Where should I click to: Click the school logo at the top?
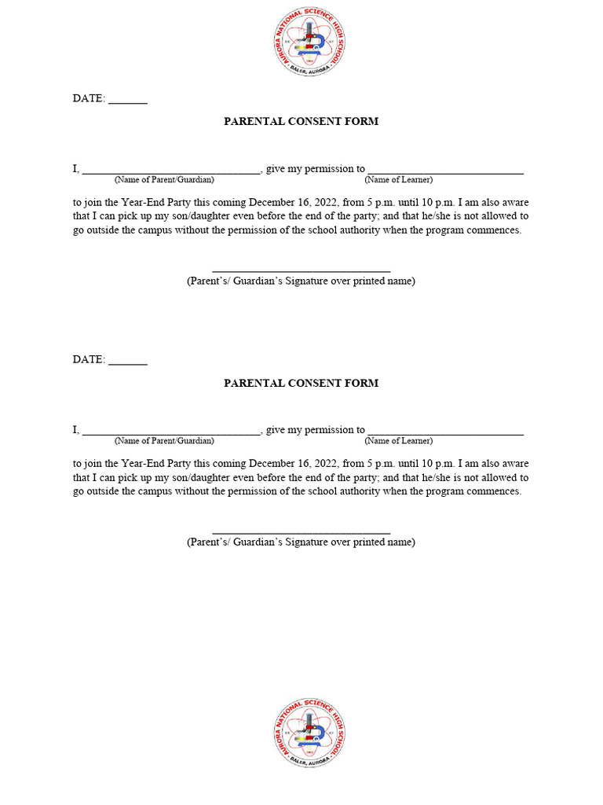[x=309, y=41]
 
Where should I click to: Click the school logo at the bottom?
[x=309, y=733]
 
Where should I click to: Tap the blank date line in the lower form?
[x=128, y=363]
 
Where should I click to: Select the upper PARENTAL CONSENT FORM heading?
[x=301, y=121]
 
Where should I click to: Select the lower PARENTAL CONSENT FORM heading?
[x=301, y=383]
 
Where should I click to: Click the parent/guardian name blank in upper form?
[x=171, y=171]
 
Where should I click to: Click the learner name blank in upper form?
[x=445, y=171]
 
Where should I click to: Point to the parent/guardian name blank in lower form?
[x=171, y=432]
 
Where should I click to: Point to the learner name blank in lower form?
[x=445, y=432]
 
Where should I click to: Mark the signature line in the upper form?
[x=301, y=270]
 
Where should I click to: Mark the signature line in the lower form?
[x=301, y=532]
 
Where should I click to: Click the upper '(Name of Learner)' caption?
[x=398, y=180]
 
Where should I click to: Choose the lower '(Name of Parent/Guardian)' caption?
[x=164, y=441]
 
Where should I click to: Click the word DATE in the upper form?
[x=88, y=98]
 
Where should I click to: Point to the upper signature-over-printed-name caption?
[x=301, y=281]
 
